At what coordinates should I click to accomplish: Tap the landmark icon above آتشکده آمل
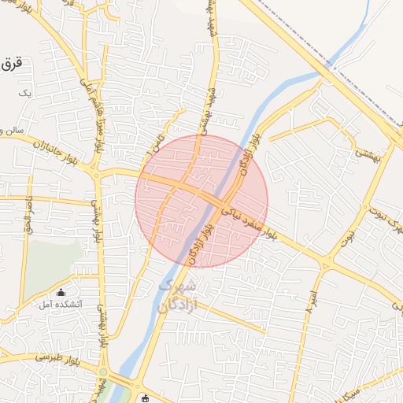61,292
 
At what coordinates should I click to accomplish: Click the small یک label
26,92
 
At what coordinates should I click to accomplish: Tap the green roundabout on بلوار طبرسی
103,372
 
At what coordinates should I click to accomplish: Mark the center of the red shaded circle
201,201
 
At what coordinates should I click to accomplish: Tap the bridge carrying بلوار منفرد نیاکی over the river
221,202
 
